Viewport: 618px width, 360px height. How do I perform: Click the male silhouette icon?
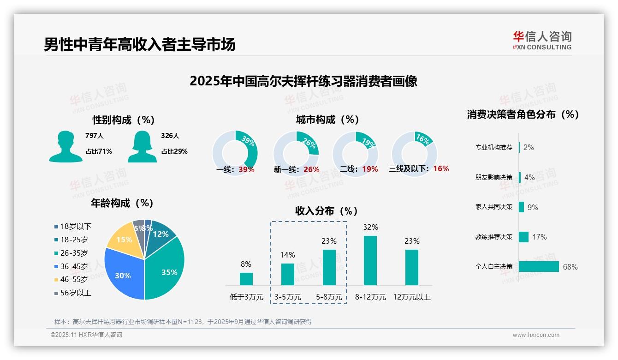point(65,146)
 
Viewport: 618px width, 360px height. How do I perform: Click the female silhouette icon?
point(142,146)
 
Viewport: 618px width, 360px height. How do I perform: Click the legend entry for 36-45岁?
point(74,266)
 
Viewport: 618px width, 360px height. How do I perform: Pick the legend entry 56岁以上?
point(76,293)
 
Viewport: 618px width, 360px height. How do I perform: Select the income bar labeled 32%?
point(370,260)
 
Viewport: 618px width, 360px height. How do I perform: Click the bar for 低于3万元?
point(246,279)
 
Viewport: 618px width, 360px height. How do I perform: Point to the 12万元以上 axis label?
point(412,297)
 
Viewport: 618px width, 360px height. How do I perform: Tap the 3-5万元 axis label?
point(288,297)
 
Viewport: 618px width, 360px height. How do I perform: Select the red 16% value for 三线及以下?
point(441,169)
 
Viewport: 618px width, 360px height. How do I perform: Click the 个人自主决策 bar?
point(539,267)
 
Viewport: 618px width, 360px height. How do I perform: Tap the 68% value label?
point(570,267)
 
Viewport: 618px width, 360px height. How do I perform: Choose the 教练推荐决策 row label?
point(494,237)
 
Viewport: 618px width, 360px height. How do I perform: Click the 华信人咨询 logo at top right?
point(542,40)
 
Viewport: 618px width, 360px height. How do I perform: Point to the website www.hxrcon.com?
point(536,335)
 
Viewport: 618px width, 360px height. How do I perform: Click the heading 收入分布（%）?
point(327,211)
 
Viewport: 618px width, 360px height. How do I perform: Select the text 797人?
point(95,136)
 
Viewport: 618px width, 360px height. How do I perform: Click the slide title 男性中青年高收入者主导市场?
point(140,44)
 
